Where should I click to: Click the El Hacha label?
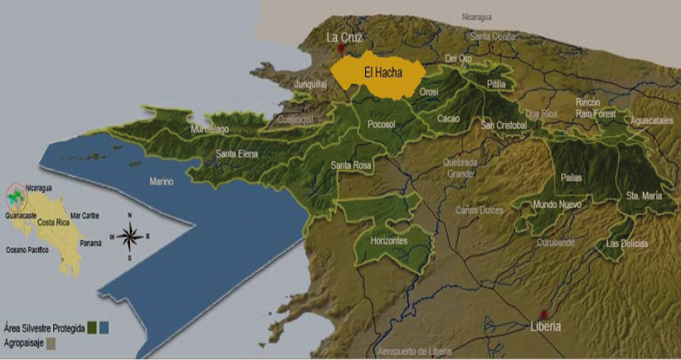pos(383,73)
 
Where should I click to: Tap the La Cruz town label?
pos(343,37)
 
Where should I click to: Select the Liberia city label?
pos(546,326)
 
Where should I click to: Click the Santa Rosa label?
pos(352,165)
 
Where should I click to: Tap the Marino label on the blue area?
pos(161,181)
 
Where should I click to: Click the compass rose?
pos(130,236)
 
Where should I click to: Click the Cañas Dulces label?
pos(479,210)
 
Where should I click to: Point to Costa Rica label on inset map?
pos(52,224)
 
